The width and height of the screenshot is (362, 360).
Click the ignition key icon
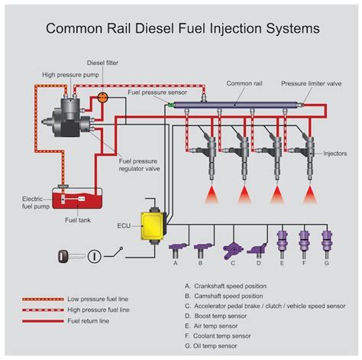tap(67, 256)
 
